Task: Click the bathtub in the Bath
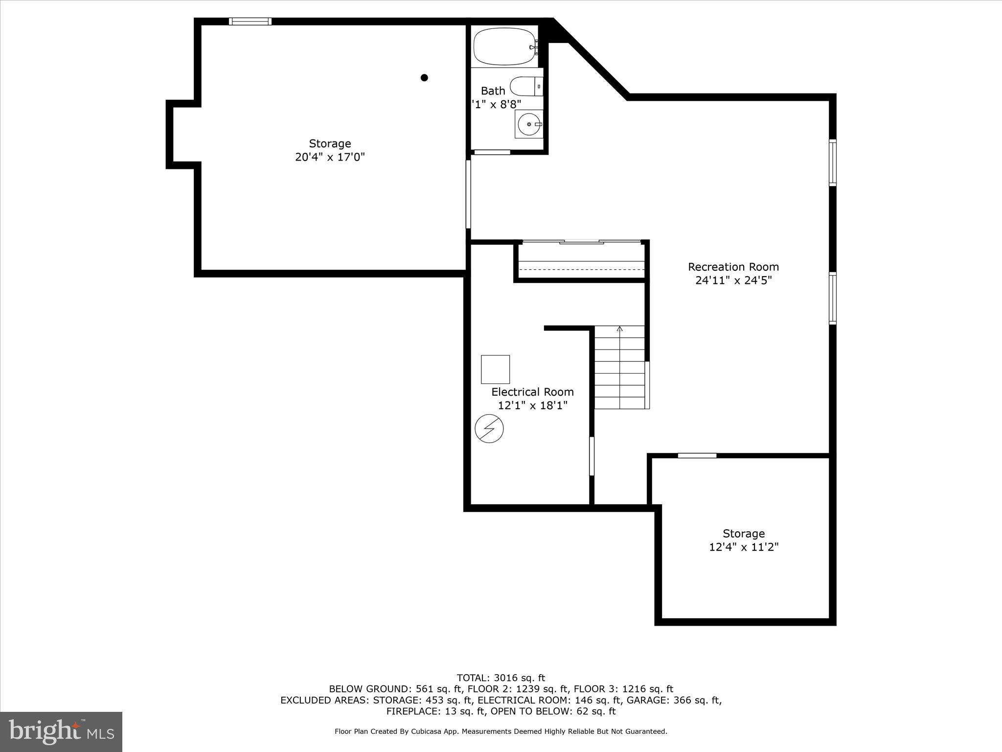[x=504, y=47]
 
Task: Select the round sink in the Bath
[x=528, y=124]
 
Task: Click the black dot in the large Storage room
[x=424, y=77]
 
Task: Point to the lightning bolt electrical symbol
[x=489, y=429]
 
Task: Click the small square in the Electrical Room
[x=495, y=369]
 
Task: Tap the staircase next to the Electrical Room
[x=619, y=367]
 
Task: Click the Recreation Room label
[x=733, y=267]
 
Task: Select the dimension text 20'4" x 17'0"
[x=330, y=157]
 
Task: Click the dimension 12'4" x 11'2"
[x=743, y=547]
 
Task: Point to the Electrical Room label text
[x=532, y=392]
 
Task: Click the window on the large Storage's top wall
[x=250, y=21]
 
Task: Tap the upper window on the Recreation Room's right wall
[x=832, y=163]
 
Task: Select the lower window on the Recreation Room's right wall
[x=832, y=298]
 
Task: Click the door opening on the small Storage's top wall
[x=697, y=455]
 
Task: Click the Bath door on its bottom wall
[x=492, y=152]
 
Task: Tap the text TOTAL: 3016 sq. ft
[x=501, y=678]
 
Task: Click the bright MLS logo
[x=61, y=731]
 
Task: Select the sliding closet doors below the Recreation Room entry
[x=581, y=242]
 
